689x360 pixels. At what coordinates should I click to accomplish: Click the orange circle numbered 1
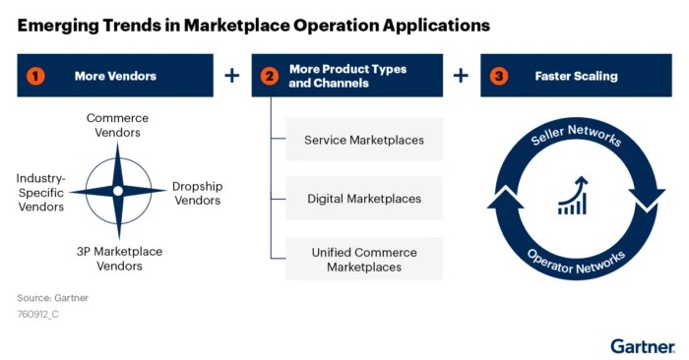point(34,75)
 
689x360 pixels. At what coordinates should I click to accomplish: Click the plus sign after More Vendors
point(232,75)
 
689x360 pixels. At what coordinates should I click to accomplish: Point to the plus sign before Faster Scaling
point(462,75)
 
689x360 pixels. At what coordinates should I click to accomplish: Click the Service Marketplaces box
point(364,141)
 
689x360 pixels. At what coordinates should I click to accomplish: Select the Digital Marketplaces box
point(364,199)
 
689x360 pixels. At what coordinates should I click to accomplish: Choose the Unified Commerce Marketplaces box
point(364,260)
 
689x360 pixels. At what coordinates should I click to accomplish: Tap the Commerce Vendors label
point(117,125)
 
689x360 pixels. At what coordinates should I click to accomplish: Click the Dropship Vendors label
point(197,193)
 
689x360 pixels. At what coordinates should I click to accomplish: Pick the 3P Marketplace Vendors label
point(118,259)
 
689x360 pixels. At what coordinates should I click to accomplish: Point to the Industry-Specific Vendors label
point(40,193)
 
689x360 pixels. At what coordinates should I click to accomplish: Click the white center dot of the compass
point(117,191)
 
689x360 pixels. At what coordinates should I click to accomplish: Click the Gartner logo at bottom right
point(641,345)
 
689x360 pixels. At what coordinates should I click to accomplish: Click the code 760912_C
point(38,315)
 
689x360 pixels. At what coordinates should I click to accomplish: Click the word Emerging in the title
point(57,22)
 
